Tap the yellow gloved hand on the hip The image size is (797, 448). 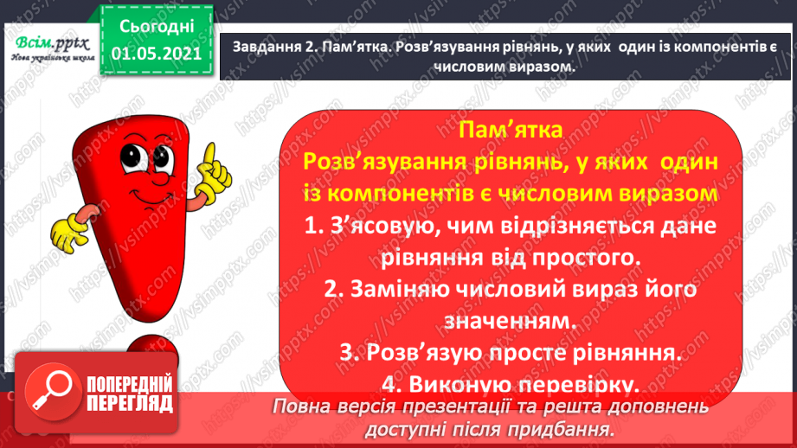(67, 233)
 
